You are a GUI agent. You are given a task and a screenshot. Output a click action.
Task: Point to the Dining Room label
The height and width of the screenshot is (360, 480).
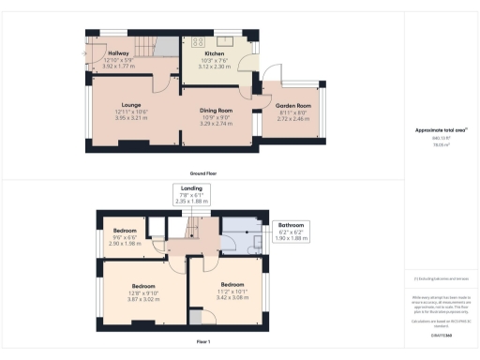pos(216,110)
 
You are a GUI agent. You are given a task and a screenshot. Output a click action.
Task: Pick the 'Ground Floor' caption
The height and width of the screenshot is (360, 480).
pos(203,174)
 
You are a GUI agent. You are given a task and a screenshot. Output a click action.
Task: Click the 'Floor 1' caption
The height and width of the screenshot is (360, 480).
pos(203,342)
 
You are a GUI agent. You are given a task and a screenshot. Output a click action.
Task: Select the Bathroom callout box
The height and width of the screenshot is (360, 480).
pos(292,232)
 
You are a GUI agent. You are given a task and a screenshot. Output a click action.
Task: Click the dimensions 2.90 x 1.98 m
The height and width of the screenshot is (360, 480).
pos(125,243)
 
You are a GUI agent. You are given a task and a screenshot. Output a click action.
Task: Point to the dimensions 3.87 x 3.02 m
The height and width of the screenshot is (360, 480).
pos(143,296)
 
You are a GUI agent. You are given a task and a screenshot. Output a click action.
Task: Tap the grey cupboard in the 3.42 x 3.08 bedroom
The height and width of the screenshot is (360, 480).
pos(196,318)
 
